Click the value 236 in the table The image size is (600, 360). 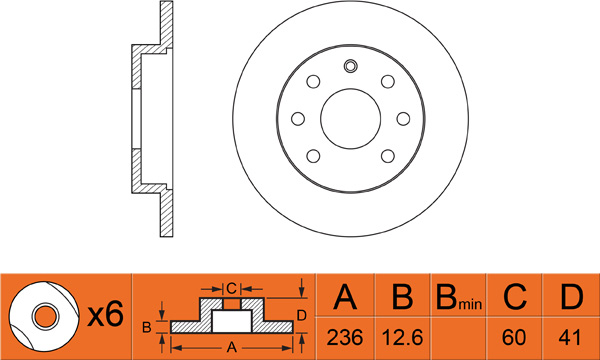(x=345, y=337)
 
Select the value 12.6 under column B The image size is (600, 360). (x=403, y=337)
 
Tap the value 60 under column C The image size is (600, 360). (x=514, y=337)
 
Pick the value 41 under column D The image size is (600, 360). (x=570, y=337)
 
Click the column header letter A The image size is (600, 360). (x=345, y=296)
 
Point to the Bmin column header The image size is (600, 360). (x=459, y=297)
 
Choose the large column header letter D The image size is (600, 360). (x=572, y=296)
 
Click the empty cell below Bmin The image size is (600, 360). (x=458, y=338)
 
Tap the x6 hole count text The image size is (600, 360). (x=106, y=314)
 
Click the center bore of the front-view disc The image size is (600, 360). (x=351, y=119)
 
